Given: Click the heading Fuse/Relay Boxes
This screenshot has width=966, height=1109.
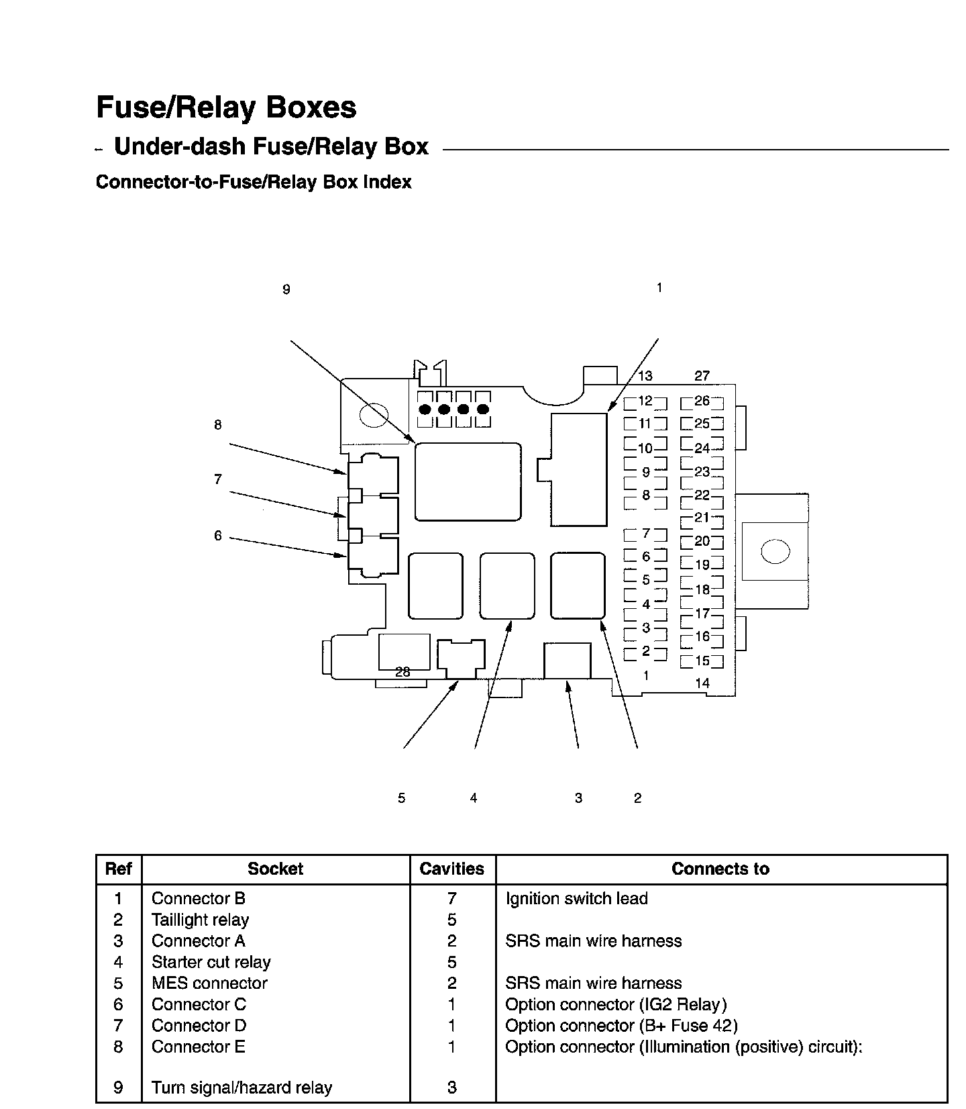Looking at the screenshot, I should (x=226, y=107).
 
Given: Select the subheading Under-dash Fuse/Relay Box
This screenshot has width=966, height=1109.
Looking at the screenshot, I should (x=271, y=146).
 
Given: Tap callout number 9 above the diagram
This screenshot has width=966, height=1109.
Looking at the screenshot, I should (x=286, y=290).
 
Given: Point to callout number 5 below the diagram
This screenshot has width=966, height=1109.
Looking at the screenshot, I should (x=401, y=798).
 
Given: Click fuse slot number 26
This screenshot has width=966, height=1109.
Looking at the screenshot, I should (x=702, y=401).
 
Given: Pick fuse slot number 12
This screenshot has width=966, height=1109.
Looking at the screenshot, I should (x=645, y=401).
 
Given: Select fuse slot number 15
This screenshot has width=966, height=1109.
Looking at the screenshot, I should (x=702, y=661).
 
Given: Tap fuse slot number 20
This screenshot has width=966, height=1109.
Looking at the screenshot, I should (x=702, y=541).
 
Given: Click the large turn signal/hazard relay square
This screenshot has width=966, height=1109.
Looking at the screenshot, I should (x=468, y=481).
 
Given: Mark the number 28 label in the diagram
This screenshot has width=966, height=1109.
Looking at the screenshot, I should (x=402, y=672).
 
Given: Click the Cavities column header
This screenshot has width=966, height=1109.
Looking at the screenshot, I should (x=451, y=869).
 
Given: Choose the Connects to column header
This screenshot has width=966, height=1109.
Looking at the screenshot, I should (x=720, y=869).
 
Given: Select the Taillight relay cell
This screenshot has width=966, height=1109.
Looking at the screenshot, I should (x=200, y=920).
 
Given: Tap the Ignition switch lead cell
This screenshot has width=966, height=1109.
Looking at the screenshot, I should (x=576, y=899).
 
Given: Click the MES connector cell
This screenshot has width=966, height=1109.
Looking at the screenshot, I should (x=209, y=983).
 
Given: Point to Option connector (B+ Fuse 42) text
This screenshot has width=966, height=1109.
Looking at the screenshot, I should (x=621, y=1026).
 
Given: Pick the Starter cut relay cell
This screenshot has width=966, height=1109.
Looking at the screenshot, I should (x=211, y=963).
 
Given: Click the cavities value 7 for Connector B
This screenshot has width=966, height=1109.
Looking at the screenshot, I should (x=451, y=899).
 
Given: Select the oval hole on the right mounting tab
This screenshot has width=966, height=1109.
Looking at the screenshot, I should (x=775, y=552).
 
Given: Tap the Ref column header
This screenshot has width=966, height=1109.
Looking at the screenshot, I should (x=118, y=869).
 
